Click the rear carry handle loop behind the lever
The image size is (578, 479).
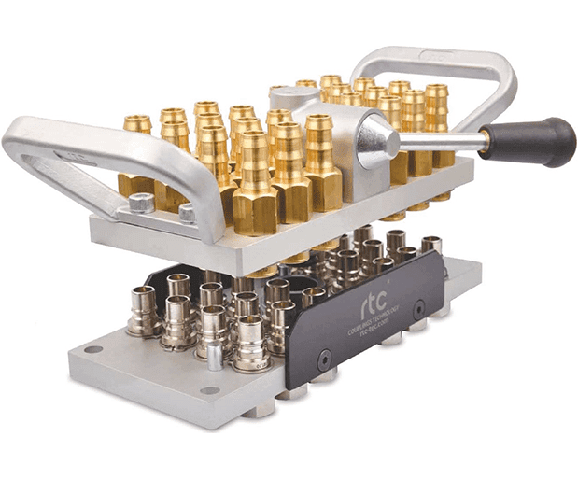point(439,70)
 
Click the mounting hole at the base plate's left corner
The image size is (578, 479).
point(92,349)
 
